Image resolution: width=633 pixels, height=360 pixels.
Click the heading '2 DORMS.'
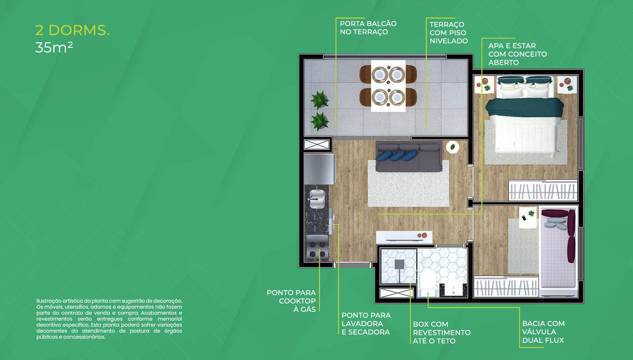[72, 30]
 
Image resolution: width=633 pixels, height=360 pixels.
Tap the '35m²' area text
[54, 48]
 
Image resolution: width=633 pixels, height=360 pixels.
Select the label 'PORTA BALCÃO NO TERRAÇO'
[368, 28]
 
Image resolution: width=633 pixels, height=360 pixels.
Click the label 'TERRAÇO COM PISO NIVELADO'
[448, 33]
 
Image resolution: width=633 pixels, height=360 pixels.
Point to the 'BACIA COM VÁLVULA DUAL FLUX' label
[543, 332]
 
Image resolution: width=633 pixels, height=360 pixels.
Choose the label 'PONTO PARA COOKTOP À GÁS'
[291, 301]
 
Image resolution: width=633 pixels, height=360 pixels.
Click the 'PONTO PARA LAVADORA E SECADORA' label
[366, 323]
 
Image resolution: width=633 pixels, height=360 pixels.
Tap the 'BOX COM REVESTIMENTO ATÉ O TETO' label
[442, 332]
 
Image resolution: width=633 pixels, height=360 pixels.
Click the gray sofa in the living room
[408, 157]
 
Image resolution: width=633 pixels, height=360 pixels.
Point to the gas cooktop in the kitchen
[316, 248]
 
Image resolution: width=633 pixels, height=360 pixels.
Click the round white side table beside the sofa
[452, 147]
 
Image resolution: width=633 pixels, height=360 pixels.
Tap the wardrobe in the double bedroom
[543, 190]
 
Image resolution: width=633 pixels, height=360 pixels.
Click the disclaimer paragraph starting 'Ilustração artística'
[109, 318]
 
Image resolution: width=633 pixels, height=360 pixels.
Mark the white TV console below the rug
[404, 236]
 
